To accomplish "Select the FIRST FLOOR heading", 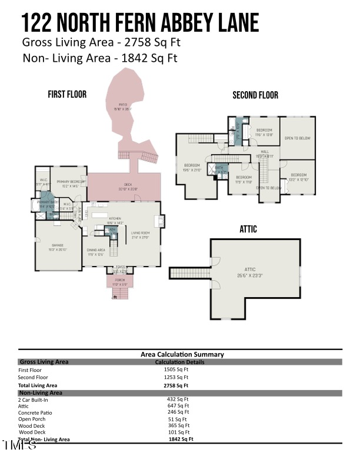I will [x=67, y=94].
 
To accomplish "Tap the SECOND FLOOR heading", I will [x=255, y=95].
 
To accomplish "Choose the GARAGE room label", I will [x=57, y=245].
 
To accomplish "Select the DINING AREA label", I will [x=95, y=252].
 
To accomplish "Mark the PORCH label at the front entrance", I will [x=120, y=279].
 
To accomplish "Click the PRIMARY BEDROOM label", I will [x=71, y=182].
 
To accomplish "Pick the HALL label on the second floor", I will [x=265, y=151].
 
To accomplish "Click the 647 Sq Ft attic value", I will [x=178, y=406].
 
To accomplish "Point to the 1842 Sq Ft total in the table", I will [x=181, y=439].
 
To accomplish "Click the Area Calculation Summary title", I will [x=182, y=354].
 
